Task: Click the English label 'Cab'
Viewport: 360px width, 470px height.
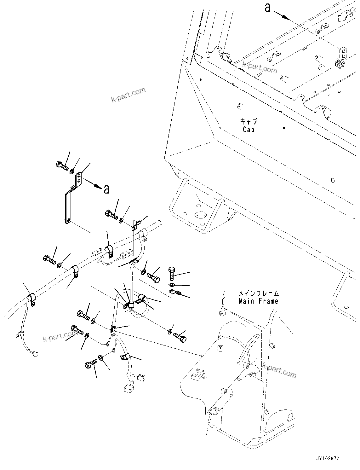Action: [x=249, y=130]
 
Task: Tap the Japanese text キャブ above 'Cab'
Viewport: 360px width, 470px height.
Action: [x=249, y=121]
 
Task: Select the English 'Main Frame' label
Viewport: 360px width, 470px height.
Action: [x=258, y=301]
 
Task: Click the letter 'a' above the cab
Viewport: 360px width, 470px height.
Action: [x=268, y=8]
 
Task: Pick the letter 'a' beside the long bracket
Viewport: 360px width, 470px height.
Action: [x=107, y=189]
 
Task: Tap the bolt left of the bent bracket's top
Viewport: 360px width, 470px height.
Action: [x=62, y=165]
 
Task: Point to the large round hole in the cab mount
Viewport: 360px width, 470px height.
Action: [x=201, y=216]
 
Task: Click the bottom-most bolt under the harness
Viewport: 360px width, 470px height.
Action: [x=91, y=366]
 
